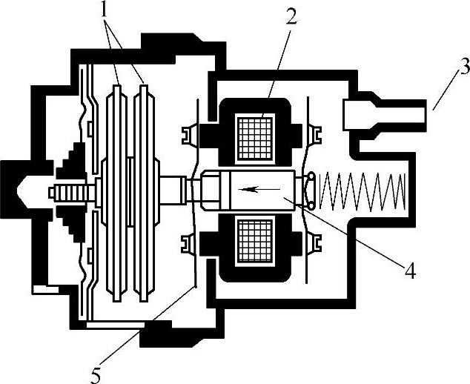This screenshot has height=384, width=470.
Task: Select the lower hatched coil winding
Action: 257,244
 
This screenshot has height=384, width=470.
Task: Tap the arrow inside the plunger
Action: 253,189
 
